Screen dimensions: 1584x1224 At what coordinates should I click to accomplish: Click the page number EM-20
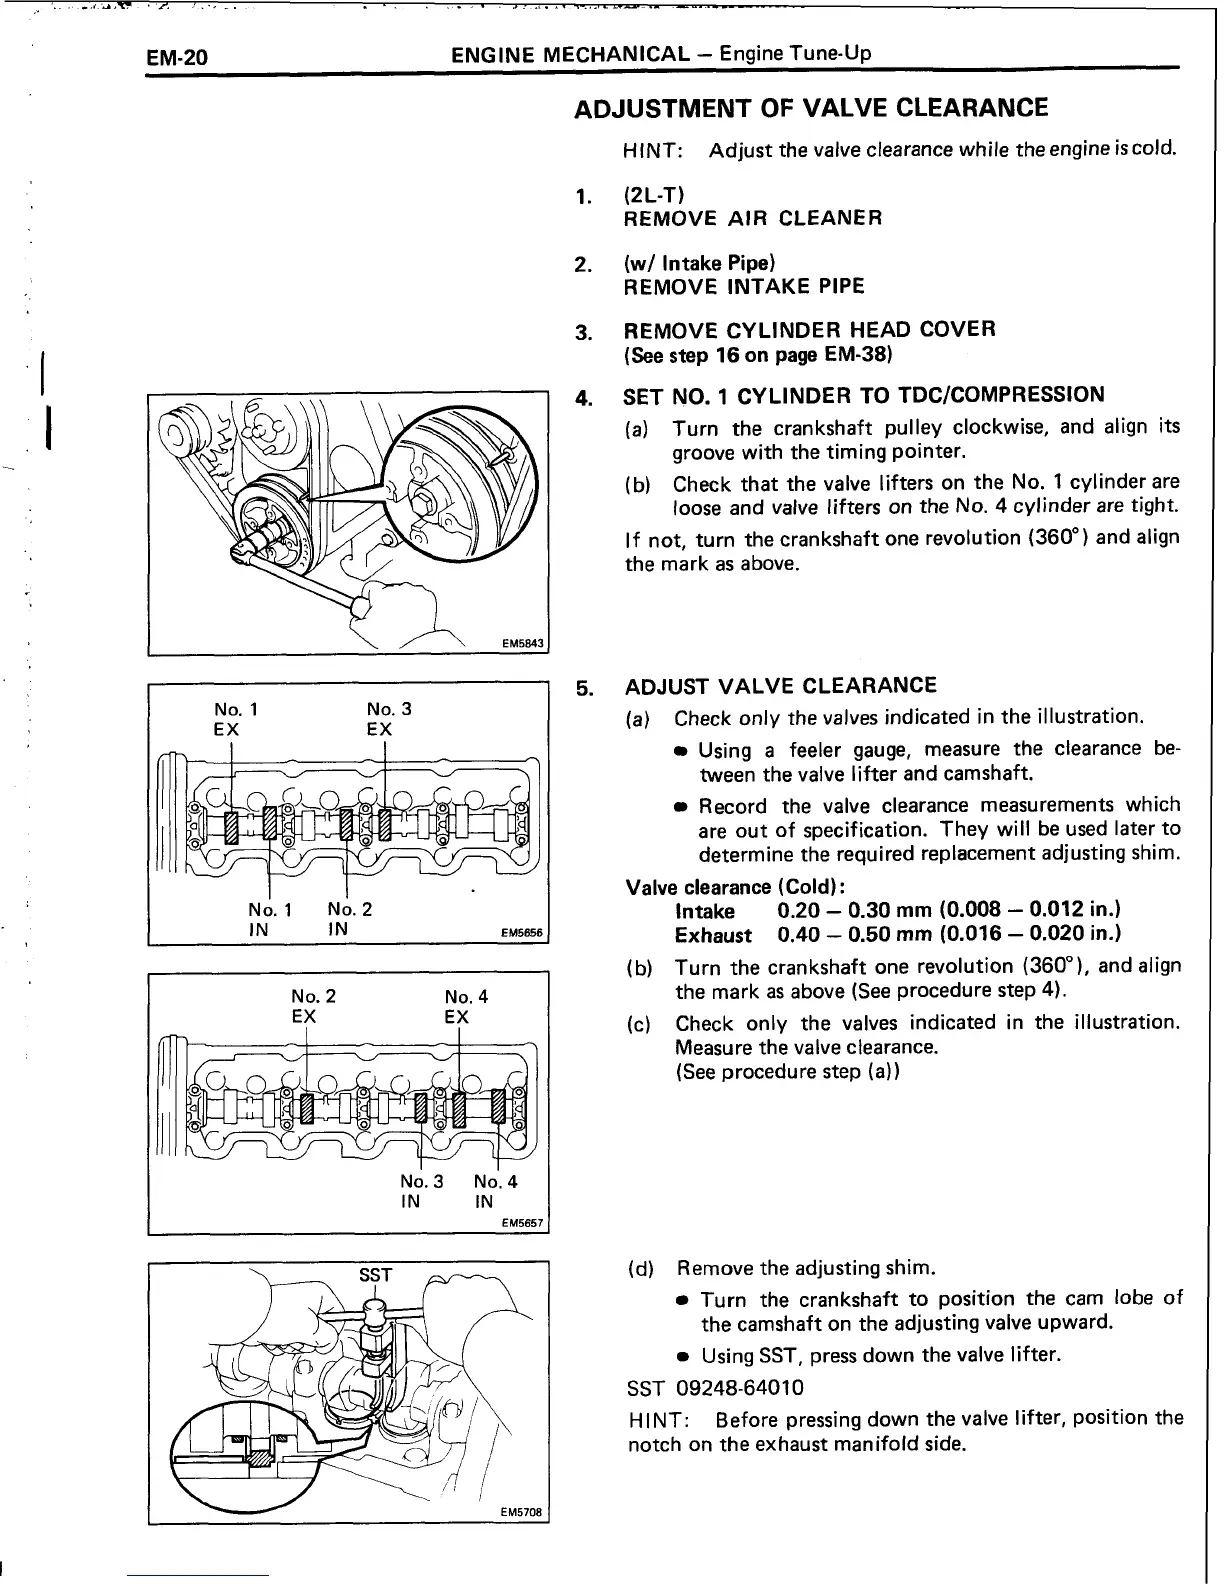tap(177, 57)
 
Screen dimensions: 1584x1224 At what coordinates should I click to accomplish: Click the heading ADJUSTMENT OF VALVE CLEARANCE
tap(811, 109)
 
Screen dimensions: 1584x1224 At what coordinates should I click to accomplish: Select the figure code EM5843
tap(521, 645)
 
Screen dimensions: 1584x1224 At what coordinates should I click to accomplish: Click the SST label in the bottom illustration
tap(375, 1275)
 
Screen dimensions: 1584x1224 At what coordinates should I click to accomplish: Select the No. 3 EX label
tap(389, 719)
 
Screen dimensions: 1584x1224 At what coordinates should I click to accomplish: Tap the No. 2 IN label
tap(349, 918)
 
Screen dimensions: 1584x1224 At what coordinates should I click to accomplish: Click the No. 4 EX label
tap(466, 1006)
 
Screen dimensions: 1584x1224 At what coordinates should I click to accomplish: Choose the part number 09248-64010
tap(739, 1388)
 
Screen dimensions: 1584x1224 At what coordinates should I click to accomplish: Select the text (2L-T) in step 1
tap(654, 194)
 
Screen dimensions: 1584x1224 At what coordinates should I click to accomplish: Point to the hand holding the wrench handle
tap(400, 610)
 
